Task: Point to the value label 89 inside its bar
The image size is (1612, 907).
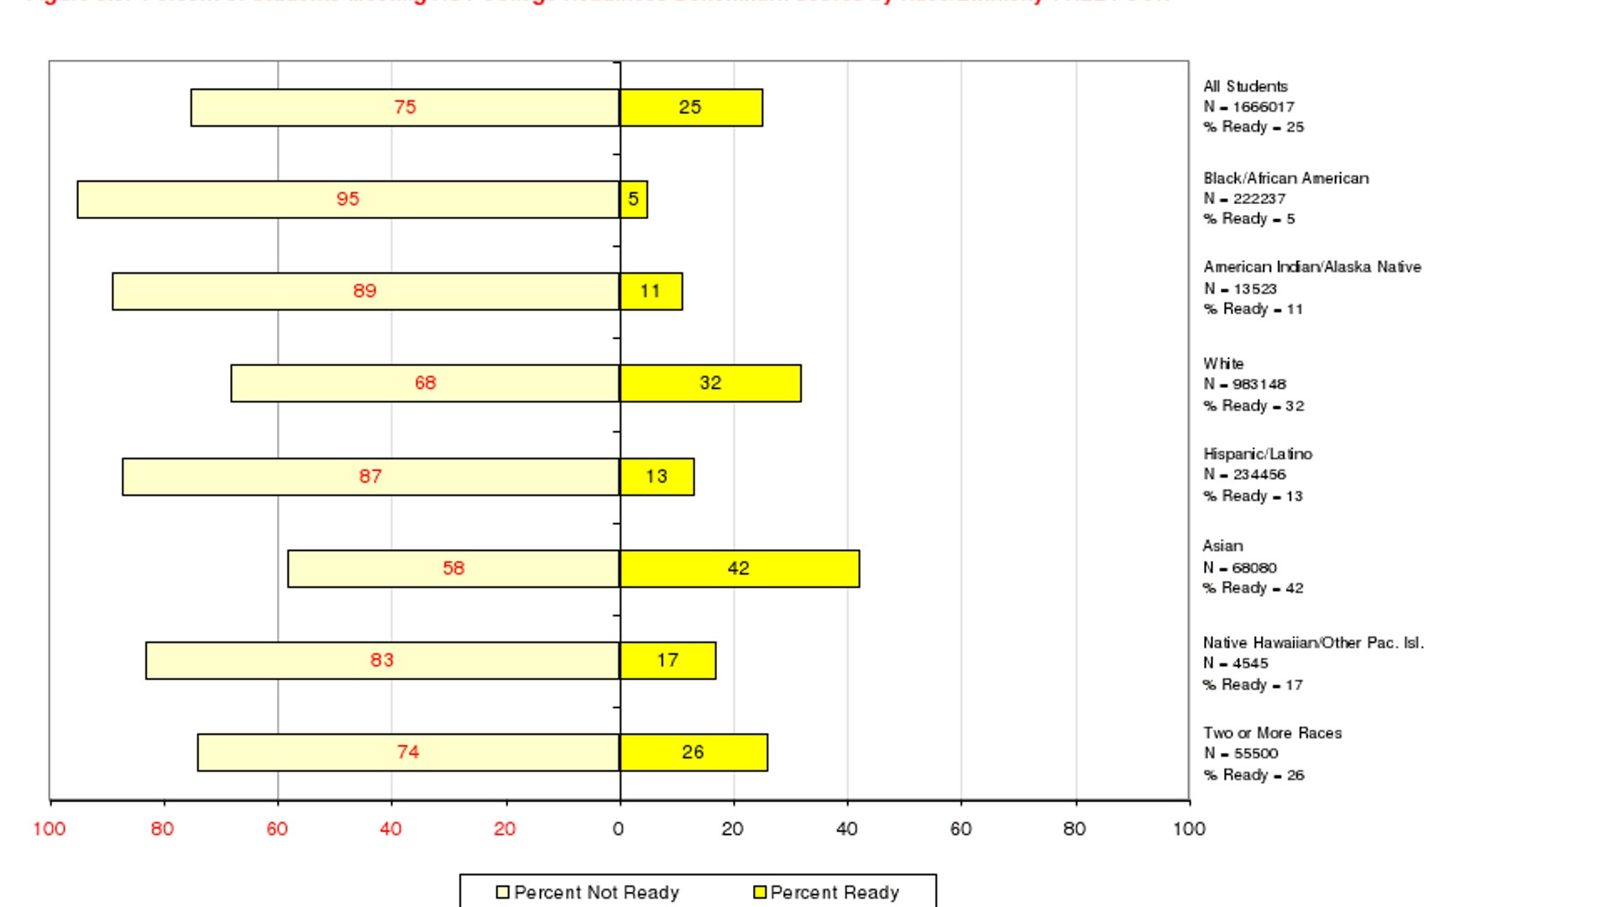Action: (364, 291)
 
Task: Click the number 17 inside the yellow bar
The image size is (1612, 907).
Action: (667, 661)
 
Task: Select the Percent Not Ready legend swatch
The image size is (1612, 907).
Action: (503, 893)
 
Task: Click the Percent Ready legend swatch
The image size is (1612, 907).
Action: (760, 893)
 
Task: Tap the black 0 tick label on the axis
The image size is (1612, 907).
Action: (619, 830)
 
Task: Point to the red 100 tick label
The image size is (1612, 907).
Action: (50, 830)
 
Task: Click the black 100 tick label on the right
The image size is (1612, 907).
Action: (1189, 830)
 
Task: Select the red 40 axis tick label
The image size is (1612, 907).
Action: (390, 830)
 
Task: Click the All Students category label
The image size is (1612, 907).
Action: (1245, 87)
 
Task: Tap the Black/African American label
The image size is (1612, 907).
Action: (1285, 179)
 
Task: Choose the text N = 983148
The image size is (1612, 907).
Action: (1244, 385)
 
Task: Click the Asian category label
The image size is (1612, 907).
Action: (1222, 547)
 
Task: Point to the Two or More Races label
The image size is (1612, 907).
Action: (1272, 733)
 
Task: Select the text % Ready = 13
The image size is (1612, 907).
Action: (1253, 496)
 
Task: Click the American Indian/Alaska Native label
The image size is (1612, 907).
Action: (1311, 267)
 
